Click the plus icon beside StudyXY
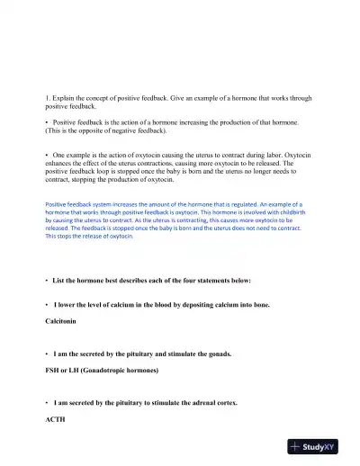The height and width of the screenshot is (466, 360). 296,445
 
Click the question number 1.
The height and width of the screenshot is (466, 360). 47,96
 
